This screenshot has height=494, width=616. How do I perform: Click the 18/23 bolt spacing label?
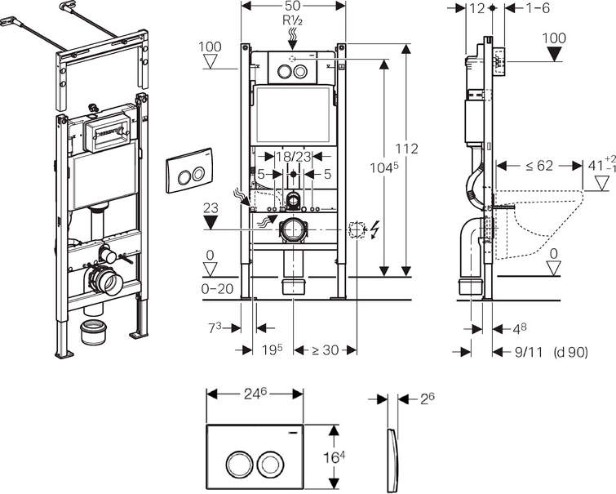(292, 157)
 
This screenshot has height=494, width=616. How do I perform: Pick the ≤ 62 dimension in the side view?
(523, 167)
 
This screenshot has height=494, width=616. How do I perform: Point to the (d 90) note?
(570, 352)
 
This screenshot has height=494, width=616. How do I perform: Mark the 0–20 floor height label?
(215, 289)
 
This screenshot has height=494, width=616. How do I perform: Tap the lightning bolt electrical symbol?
(375, 230)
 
